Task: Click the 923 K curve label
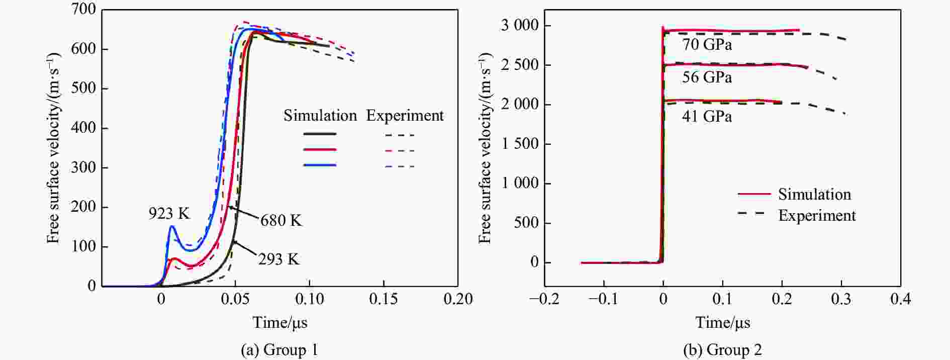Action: (x=169, y=214)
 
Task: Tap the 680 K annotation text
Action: (x=281, y=220)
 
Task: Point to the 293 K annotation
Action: (x=278, y=259)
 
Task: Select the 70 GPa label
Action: (x=707, y=45)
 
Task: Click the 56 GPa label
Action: (x=707, y=77)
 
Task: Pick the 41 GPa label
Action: (x=707, y=117)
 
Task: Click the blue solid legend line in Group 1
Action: (x=320, y=165)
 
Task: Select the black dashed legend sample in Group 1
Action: (x=400, y=135)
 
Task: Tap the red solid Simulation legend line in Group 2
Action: (x=754, y=194)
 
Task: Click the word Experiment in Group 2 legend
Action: (x=817, y=216)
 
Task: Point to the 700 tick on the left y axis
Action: (x=83, y=10)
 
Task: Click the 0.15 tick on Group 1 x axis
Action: (x=384, y=299)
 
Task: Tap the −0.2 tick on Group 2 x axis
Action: (x=544, y=300)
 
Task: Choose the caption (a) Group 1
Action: (x=279, y=350)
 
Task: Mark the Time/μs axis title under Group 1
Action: (x=279, y=322)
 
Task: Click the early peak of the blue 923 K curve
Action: (x=171, y=226)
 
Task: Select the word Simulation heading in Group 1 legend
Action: (x=320, y=116)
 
